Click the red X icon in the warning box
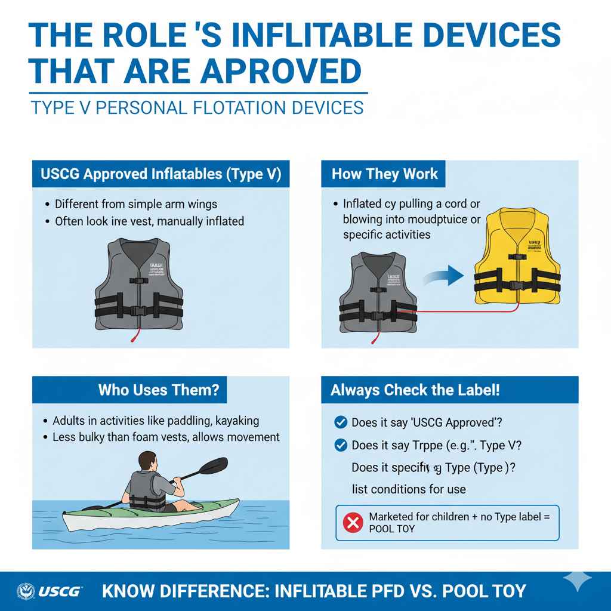tap(353, 523)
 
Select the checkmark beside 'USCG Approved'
tap(341, 422)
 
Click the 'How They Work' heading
tap(384, 174)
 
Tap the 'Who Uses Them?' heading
tap(159, 391)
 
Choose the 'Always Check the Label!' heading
tap(415, 391)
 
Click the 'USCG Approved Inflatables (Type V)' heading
tap(161, 174)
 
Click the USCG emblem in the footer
tap(26, 591)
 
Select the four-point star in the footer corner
tap(577, 581)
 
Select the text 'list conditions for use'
tap(409, 489)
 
